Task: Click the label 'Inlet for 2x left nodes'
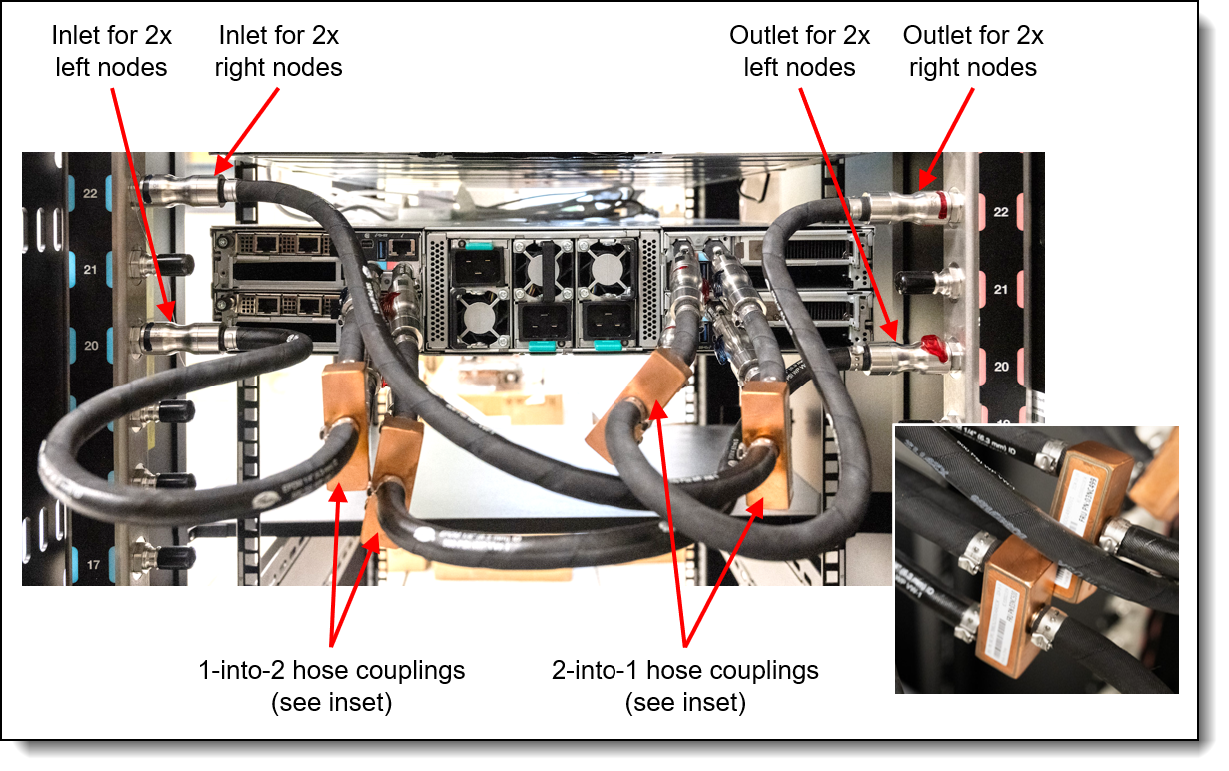pos(111,52)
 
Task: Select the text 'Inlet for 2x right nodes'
pos(279,52)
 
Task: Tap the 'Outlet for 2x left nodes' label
pos(799,52)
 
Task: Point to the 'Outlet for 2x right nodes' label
pos(973,52)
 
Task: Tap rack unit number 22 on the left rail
pos(90,194)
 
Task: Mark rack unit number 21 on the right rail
pos(1001,289)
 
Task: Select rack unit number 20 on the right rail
pos(1001,367)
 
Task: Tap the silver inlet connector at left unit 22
pos(185,189)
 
